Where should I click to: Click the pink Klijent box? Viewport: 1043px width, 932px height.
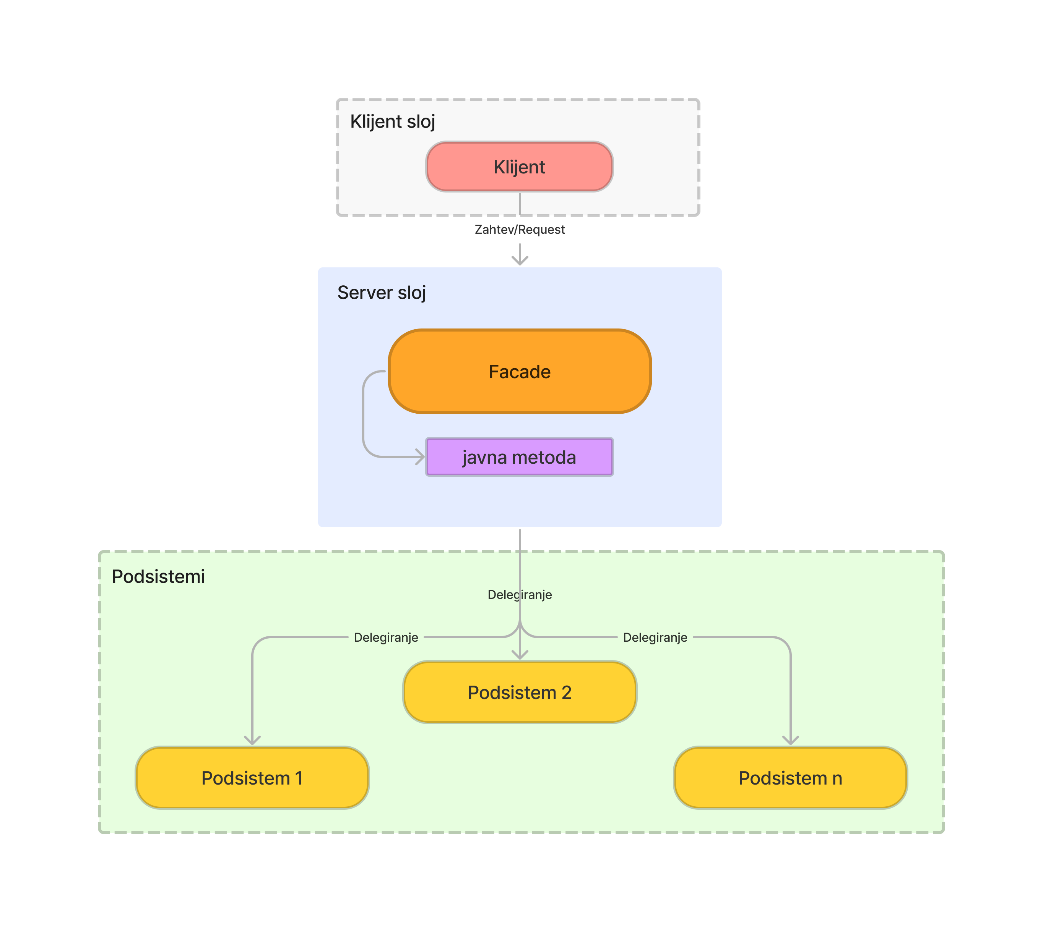click(519, 167)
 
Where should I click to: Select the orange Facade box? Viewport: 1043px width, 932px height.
click(519, 371)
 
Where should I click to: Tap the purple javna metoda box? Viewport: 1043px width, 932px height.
click(519, 457)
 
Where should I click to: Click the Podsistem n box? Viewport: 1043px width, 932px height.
click(790, 777)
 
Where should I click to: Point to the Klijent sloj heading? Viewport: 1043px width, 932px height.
click(392, 122)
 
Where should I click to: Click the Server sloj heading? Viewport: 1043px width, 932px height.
click(381, 293)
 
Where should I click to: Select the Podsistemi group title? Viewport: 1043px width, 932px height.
click(158, 576)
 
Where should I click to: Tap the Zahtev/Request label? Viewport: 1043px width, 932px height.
click(519, 230)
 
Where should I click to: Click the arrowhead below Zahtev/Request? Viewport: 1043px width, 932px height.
click(520, 260)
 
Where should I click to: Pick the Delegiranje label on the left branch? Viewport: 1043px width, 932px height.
click(386, 637)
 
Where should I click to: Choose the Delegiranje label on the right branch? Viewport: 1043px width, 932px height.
click(655, 637)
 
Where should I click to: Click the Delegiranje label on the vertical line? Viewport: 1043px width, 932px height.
click(519, 595)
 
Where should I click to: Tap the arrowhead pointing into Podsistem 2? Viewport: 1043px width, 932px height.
click(520, 654)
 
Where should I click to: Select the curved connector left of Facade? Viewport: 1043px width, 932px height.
click(363, 415)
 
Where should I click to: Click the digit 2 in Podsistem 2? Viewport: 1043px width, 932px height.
click(566, 693)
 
